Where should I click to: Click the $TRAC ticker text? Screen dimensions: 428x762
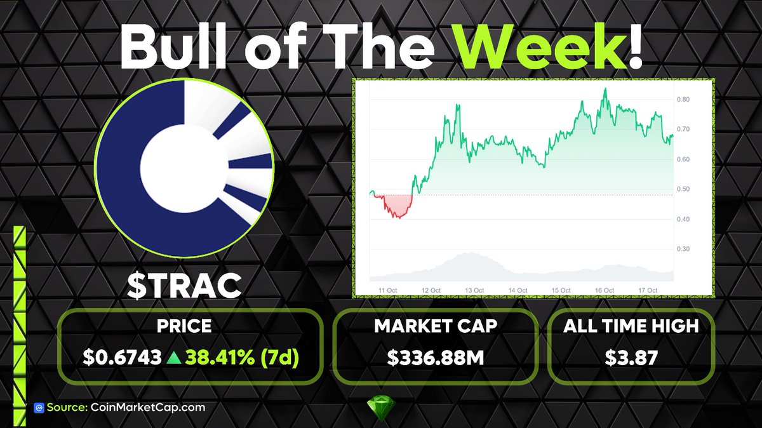point(184,285)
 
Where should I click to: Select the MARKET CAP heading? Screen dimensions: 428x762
point(436,326)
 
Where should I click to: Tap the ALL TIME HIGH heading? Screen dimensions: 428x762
point(631,326)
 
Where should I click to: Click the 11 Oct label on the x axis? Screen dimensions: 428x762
point(387,290)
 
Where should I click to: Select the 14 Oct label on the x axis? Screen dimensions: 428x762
point(518,290)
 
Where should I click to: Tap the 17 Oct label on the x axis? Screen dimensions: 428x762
point(648,290)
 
